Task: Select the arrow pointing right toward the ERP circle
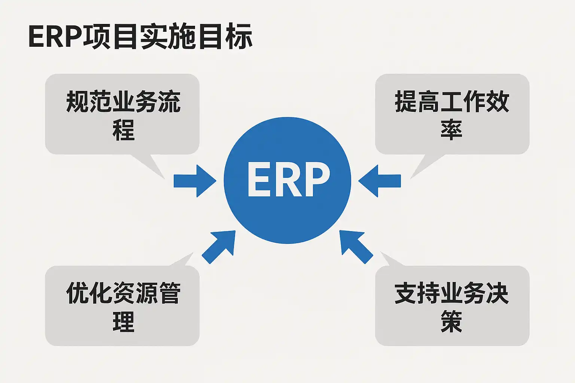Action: pyautogui.click(x=195, y=181)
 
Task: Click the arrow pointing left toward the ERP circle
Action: pyautogui.click(x=380, y=181)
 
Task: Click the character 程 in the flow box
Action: pyautogui.click(x=124, y=130)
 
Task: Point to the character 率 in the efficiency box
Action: pyautogui.click(x=451, y=130)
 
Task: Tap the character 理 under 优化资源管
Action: pyautogui.click(x=124, y=322)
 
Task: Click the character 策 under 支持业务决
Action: pyautogui.click(x=451, y=322)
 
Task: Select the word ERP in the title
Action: pyautogui.click(x=55, y=37)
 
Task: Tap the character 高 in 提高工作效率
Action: pyautogui.click(x=429, y=102)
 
